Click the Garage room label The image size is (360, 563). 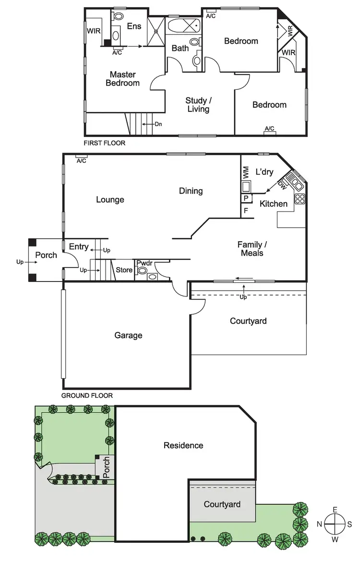tap(128, 335)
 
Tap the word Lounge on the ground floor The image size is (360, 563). tap(110, 200)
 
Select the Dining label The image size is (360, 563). tap(191, 191)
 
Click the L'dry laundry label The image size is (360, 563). tap(264, 172)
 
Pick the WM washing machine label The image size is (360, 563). tap(246, 171)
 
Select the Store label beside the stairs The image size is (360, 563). tap(124, 270)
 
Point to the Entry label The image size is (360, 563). tap(79, 246)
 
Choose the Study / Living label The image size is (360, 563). tap(198, 105)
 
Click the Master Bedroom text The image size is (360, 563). tap(123, 79)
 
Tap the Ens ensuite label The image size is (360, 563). tap(134, 26)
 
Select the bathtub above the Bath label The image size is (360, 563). tap(183, 25)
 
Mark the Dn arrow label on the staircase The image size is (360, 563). tap(158, 124)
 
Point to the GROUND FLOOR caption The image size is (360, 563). tap(87, 396)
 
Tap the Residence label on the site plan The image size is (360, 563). tap(183, 445)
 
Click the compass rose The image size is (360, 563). tap(334, 525)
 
